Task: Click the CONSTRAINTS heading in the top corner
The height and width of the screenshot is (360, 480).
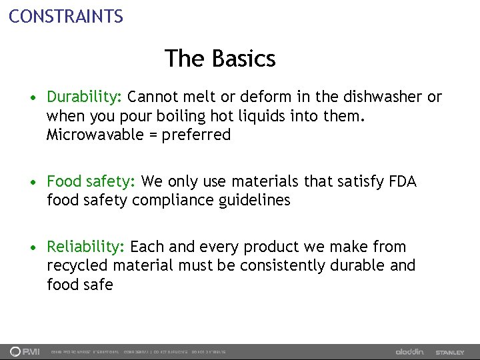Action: pyautogui.click(x=66, y=15)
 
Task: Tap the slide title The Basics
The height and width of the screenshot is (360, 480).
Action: pyautogui.click(x=220, y=59)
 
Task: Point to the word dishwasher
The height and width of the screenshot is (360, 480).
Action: pyautogui.click(x=374, y=97)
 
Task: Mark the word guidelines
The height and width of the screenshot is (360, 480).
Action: pyautogui.click(x=258, y=200)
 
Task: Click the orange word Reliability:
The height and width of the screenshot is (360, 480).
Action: pyautogui.click(x=86, y=247)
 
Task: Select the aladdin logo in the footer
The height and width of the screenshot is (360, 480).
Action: pyautogui.click(x=409, y=351)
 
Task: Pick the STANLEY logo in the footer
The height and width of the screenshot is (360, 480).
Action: pyautogui.click(x=450, y=352)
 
